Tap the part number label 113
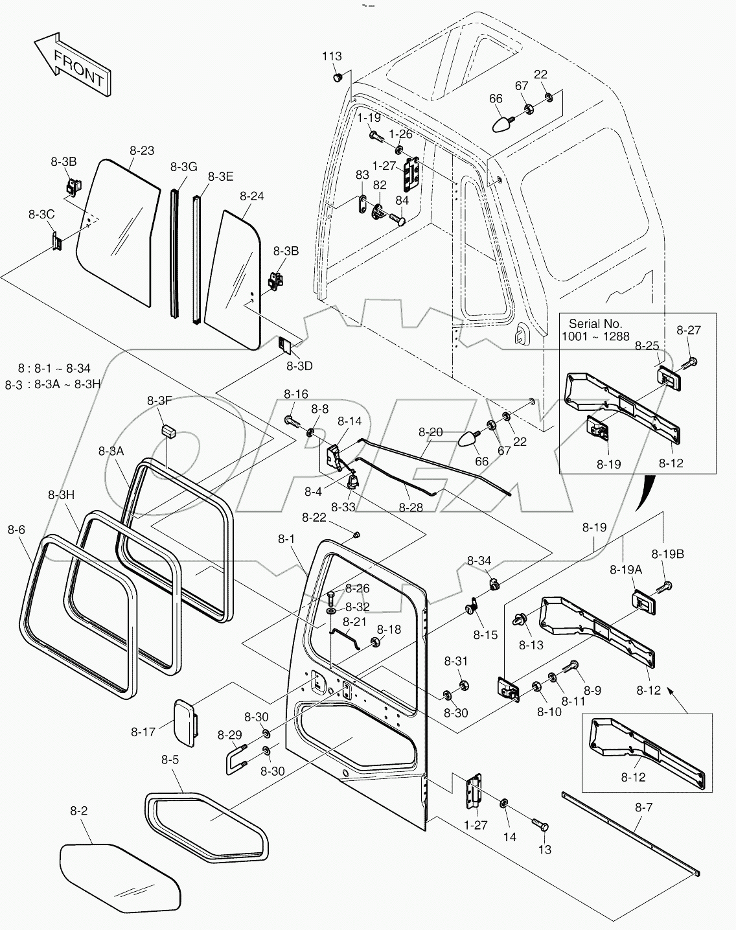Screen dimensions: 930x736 point(332,56)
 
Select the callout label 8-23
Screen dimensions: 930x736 point(142,151)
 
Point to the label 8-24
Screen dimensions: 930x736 point(251,195)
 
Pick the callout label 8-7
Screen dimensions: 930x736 point(643,808)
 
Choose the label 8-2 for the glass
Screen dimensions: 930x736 point(78,811)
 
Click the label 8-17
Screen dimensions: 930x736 point(143,732)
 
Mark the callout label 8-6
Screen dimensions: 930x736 point(16,529)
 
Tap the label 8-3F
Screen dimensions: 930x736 point(159,401)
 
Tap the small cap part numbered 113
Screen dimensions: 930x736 point(338,78)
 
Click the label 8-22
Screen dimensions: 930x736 point(314,517)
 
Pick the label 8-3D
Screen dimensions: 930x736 point(299,366)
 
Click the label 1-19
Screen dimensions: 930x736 point(369,118)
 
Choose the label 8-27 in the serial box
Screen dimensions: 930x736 point(689,330)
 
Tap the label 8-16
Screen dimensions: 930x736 point(295,394)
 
